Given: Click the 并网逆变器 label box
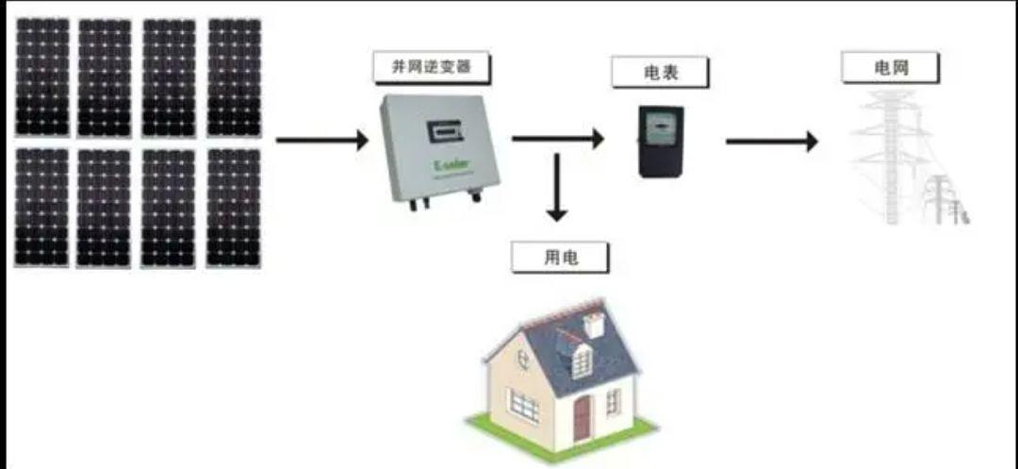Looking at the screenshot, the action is coord(430,68).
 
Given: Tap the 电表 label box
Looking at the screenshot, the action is coord(660,73).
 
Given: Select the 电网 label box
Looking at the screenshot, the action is coord(890,67).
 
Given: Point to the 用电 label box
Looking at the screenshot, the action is coord(560,258).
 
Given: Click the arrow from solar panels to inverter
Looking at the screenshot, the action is coord(321,142).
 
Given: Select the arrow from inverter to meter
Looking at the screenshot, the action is coord(557,140).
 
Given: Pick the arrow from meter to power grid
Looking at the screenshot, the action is coord(771,142).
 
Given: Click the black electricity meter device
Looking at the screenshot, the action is coord(660,142).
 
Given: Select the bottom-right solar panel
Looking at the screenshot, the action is coord(233,207).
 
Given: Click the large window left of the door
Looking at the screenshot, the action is coord(524,406).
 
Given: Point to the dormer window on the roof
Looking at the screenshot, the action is coord(581,359).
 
